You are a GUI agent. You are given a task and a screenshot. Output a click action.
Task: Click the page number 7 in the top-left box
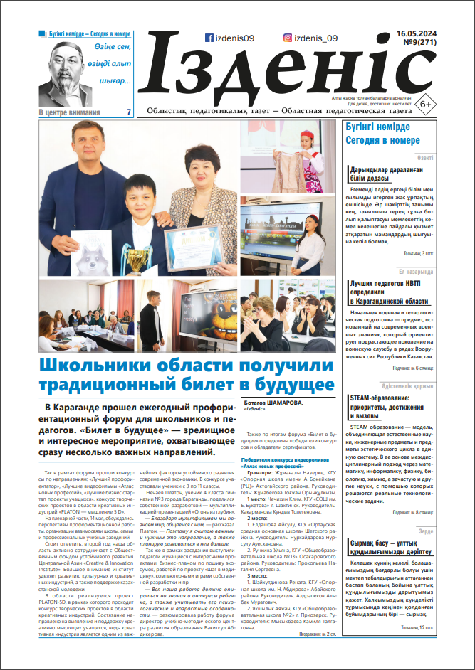tap(128, 112)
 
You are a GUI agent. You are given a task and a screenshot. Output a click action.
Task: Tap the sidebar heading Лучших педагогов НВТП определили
tap(390, 290)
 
